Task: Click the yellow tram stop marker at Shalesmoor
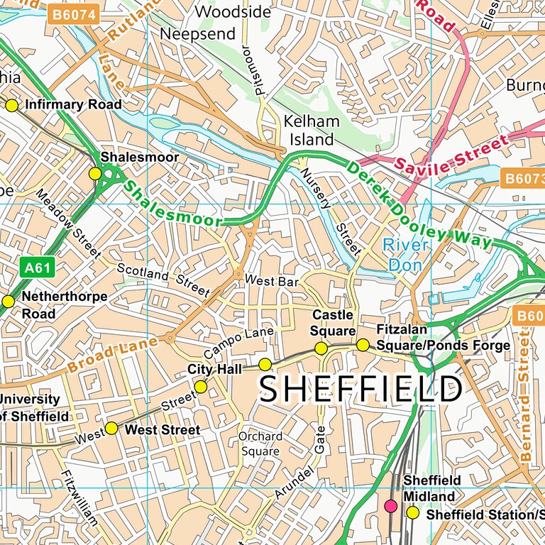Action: pos(94,174)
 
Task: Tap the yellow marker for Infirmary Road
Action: pos(11,106)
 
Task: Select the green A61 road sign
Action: pos(36,268)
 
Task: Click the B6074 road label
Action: pos(73,14)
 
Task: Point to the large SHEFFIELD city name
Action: pos(360,390)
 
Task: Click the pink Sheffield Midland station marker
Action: pos(390,506)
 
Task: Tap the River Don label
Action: pos(406,255)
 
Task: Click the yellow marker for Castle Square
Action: pos(321,348)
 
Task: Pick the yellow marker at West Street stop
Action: pos(111,428)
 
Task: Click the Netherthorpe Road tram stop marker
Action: pos(8,302)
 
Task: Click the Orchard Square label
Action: pos(260,444)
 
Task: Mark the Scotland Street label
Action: pos(163,280)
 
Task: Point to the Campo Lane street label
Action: pos(238,343)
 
